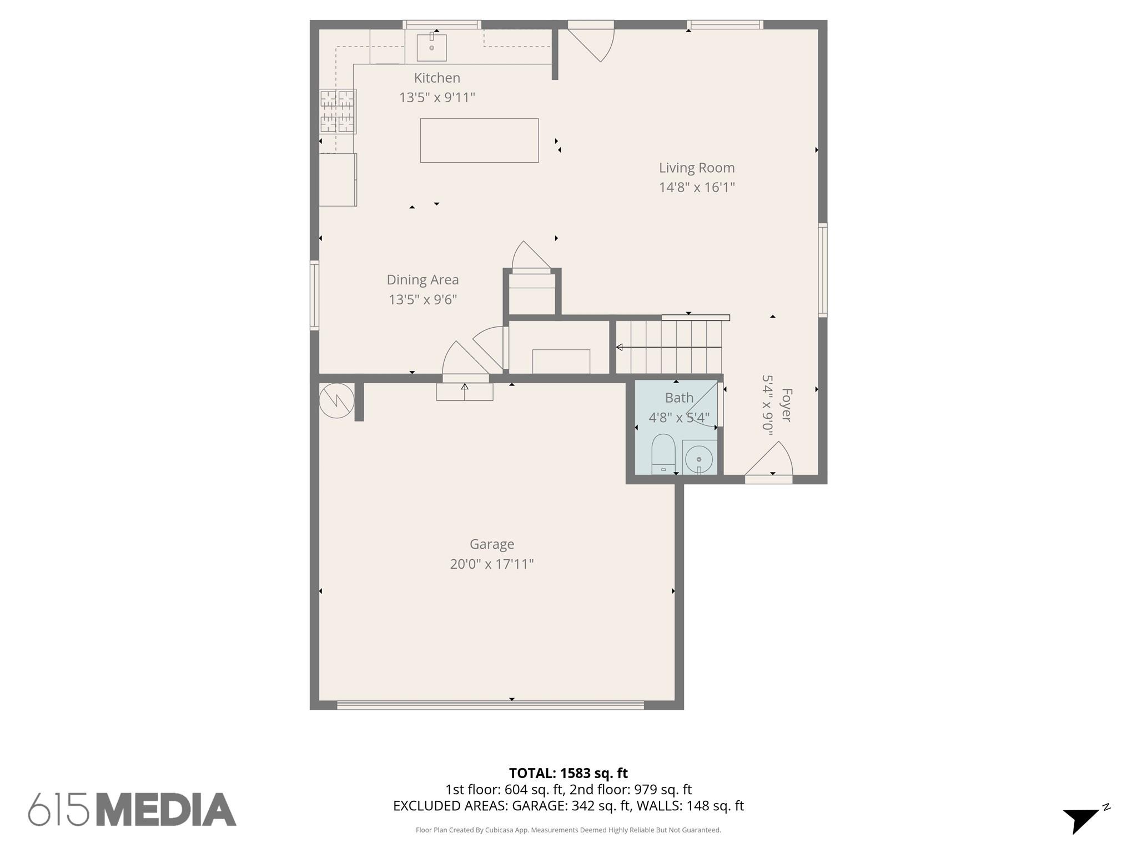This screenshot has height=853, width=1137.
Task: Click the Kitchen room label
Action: click(437, 78)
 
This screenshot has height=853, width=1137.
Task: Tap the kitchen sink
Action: click(431, 47)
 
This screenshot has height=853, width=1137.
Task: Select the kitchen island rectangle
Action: click(479, 141)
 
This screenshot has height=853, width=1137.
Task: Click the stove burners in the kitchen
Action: click(338, 112)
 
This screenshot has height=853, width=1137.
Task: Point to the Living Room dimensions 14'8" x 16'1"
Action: click(697, 187)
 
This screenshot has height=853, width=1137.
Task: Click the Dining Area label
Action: click(422, 280)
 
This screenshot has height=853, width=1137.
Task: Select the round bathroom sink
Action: click(699, 459)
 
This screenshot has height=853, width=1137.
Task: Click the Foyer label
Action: click(786, 405)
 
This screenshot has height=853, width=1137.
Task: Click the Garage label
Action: click(492, 544)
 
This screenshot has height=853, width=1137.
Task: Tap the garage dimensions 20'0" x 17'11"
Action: click(492, 564)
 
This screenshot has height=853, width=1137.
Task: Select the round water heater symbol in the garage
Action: click(336, 400)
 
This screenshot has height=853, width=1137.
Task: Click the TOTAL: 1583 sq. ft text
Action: click(568, 773)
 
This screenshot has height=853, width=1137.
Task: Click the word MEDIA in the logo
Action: click(167, 810)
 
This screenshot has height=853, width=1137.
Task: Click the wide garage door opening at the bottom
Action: click(490, 705)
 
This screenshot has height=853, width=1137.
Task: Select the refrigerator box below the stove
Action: click(338, 179)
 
